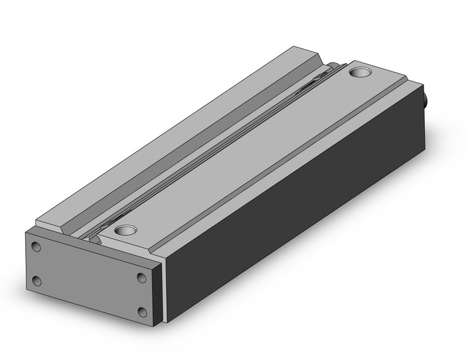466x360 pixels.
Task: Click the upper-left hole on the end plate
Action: pyautogui.click(x=36, y=248)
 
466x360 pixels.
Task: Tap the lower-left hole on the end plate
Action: pyautogui.click(x=36, y=281)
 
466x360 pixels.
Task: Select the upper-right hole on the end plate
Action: pyautogui.click(x=142, y=278)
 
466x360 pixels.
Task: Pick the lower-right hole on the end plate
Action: pyautogui.click(x=142, y=312)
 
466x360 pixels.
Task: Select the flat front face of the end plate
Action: pyautogui.click(x=89, y=279)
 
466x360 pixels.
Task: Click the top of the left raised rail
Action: pyautogui.click(x=172, y=135)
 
